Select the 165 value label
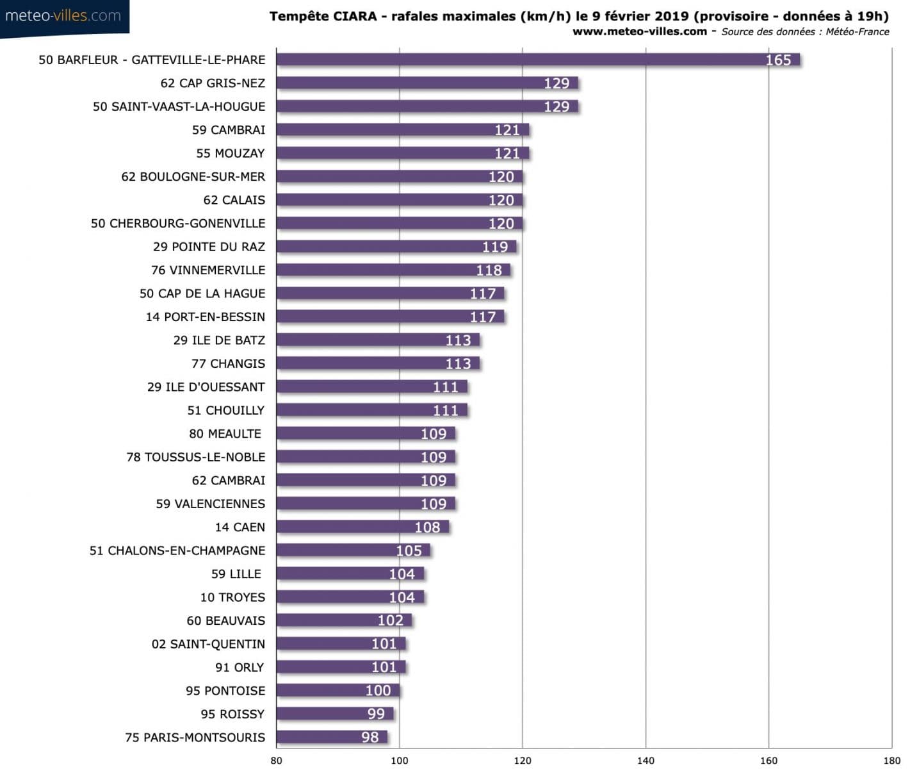[778, 60]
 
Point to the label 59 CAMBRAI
[228, 130]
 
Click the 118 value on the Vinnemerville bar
[489, 270]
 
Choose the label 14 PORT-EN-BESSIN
[205, 317]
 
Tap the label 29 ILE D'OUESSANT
[206, 387]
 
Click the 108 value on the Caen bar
[427, 527]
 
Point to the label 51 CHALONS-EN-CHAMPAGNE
[177, 550]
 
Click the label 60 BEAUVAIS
[225, 620]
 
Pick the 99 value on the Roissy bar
[376, 714]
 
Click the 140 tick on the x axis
[646, 760]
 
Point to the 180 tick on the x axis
[891, 760]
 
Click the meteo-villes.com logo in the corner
[63, 16]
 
